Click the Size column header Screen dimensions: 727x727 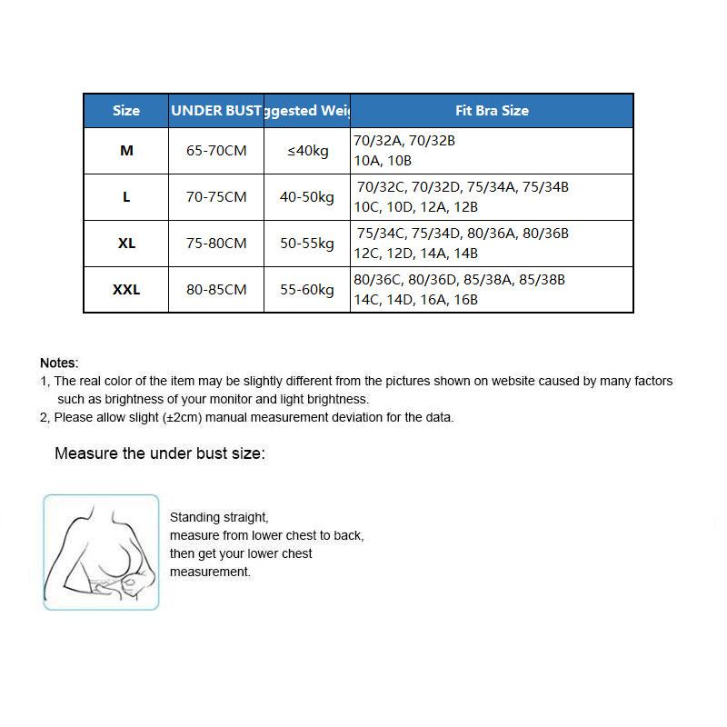coord(126,111)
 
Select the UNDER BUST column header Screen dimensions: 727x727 coord(216,111)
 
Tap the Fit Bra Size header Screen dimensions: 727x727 coord(492,111)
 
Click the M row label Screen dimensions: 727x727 coord(126,151)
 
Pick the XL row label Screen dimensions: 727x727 coord(126,244)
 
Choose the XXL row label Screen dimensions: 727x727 coord(126,290)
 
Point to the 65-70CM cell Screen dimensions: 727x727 coord(216,151)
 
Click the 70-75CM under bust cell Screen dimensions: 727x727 coord(216,197)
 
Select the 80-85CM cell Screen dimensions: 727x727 coord(216,290)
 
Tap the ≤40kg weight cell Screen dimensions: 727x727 coord(307,151)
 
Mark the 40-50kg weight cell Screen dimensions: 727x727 coord(307,197)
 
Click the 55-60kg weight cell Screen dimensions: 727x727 coord(307,290)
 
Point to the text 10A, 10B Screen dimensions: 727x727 coord(383,161)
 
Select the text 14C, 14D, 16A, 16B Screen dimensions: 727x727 coord(415,300)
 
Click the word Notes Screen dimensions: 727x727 coord(59,363)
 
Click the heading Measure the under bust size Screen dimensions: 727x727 coord(160,453)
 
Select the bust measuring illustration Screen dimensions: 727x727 coord(101,553)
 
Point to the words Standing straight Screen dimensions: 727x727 coord(219,517)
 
